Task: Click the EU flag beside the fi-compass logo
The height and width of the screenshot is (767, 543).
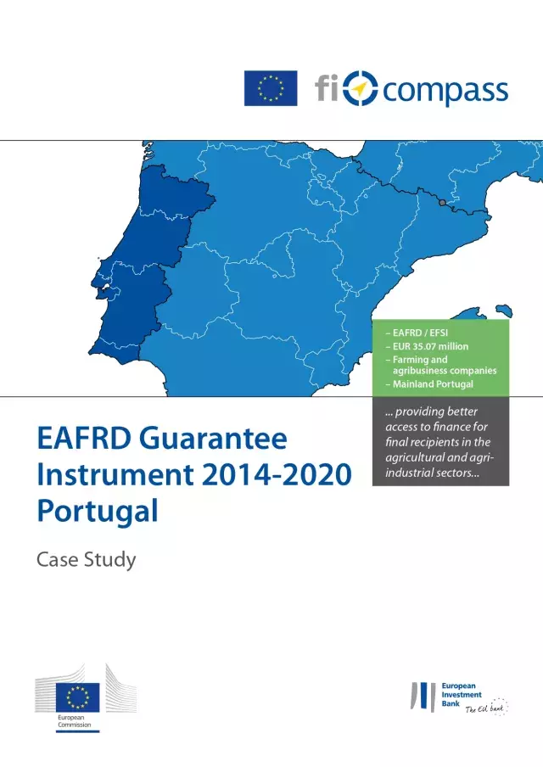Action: click(271, 88)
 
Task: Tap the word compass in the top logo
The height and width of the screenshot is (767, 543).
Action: click(445, 89)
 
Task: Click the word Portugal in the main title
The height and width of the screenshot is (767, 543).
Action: click(98, 511)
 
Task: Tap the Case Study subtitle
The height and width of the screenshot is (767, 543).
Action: click(86, 560)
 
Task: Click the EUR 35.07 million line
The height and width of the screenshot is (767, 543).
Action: click(426, 346)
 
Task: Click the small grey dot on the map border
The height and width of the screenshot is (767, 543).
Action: click(441, 202)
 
